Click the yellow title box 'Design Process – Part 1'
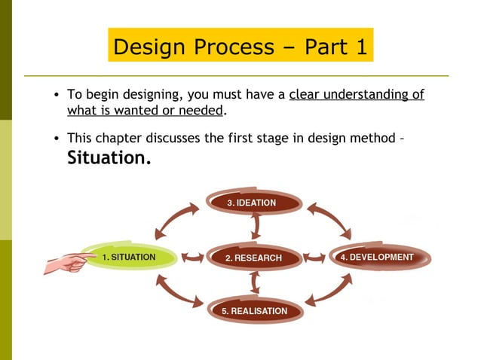pyautogui.click(x=240, y=47)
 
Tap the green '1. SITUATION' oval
pyautogui.click(x=129, y=258)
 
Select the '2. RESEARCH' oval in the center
pyautogui.click(x=253, y=258)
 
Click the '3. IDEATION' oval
pyautogui.click(x=253, y=203)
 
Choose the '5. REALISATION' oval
pyautogui.click(x=254, y=310)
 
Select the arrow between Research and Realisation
pyautogui.click(x=256, y=283)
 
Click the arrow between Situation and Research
pyautogui.click(x=192, y=258)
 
